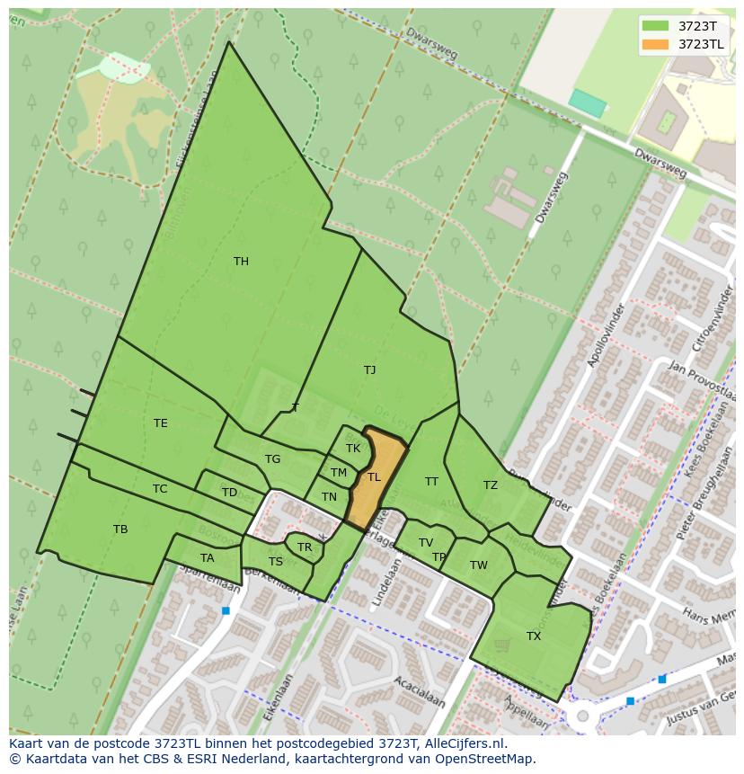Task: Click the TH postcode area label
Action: point(241,262)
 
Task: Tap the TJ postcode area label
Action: point(369,369)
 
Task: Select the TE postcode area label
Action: point(160,423)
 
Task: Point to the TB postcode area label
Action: point(120,529)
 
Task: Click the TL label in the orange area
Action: point(374,477)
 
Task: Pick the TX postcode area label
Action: point(534,636)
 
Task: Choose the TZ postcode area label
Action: point(490,485)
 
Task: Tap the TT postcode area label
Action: point(431,482)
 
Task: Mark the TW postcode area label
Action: point(478,565)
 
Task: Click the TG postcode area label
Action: point(272,459)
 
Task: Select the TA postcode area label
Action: point(208,558)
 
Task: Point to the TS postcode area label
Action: point(276,562)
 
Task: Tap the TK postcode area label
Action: point(353,449)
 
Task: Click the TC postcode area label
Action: point(160,489)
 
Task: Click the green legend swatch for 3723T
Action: point(656,25)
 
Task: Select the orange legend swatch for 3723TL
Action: point(656,44)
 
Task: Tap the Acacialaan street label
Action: point(420,692)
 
